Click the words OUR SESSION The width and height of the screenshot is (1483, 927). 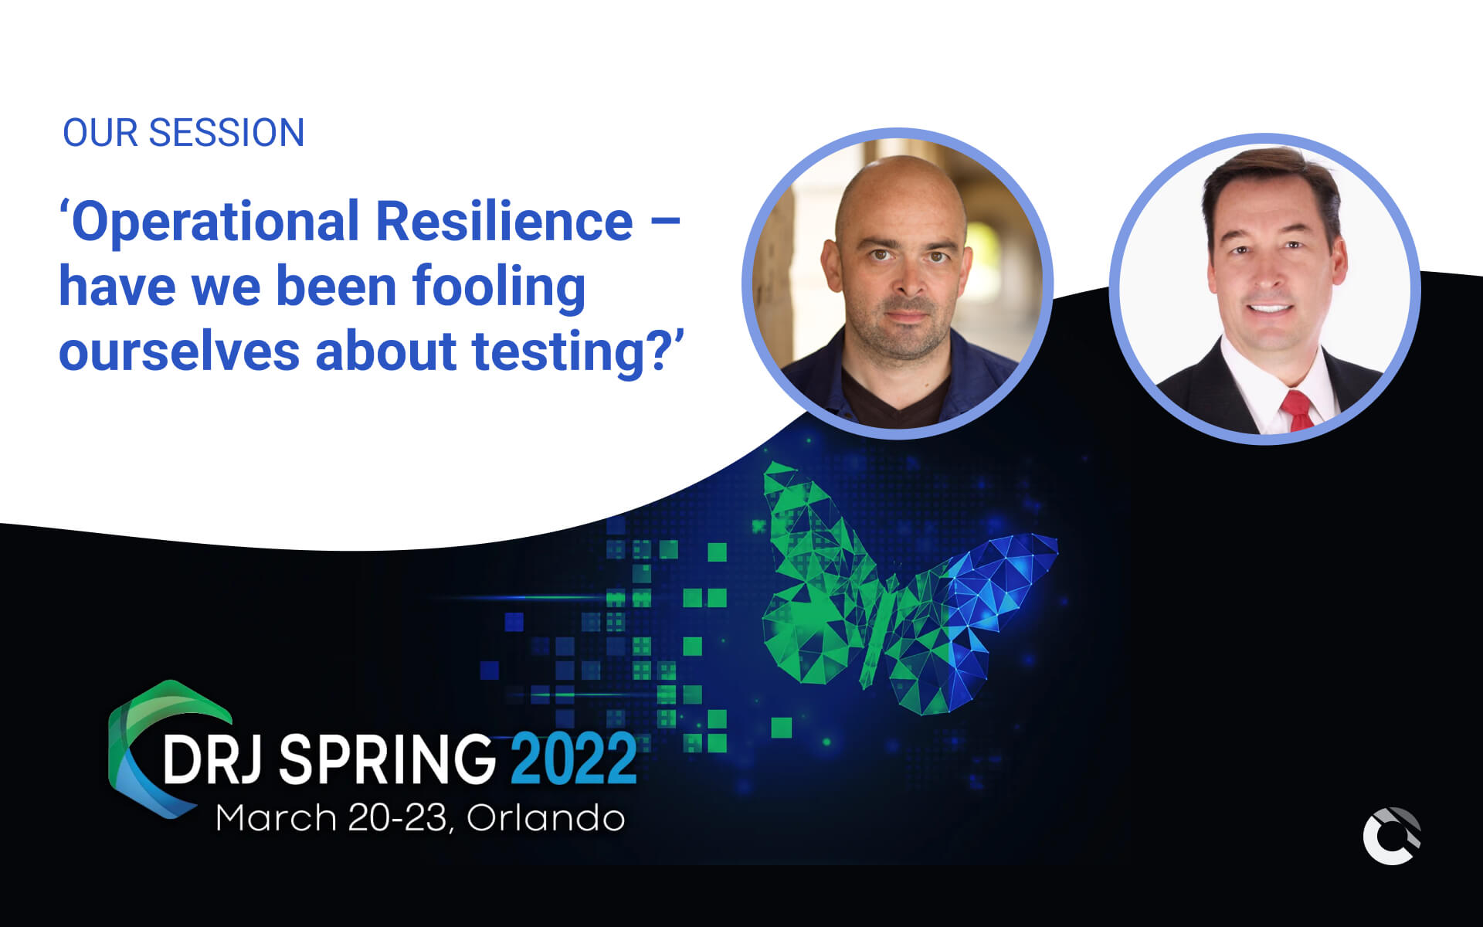(183, 133)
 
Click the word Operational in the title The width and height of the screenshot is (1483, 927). (215, 222)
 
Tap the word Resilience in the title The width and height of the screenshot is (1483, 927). (504, 222)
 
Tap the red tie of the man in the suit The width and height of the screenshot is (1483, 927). (1298, 410)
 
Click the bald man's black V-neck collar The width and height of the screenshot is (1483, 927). (896, 402)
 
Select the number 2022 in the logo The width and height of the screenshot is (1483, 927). (573, 759)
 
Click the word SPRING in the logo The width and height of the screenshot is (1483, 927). (386, 759)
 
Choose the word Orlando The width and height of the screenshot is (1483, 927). (545, 818)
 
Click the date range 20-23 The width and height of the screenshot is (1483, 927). (397, 818)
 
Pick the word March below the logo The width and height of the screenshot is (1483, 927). (276, 818)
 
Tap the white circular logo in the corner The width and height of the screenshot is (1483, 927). (1391, 836)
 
